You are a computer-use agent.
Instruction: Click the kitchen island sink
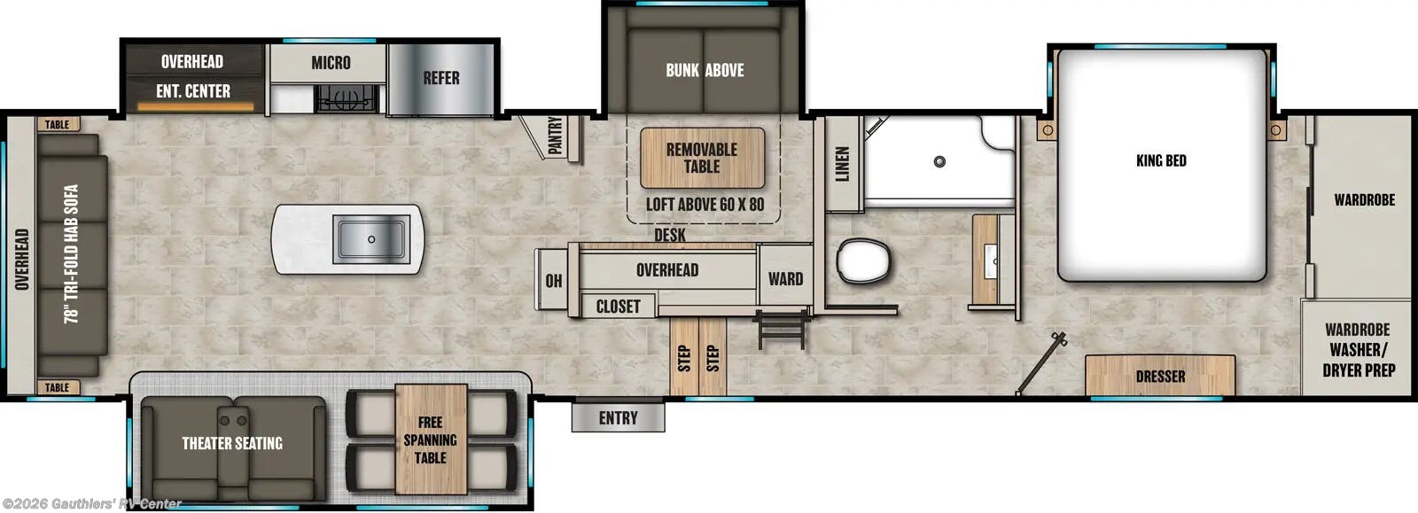point(370,238)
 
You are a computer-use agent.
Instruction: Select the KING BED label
point(1161,160)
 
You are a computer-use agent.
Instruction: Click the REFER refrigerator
point(440,78)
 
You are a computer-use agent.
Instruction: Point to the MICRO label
point(331,63)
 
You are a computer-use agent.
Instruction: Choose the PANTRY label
point(556,136)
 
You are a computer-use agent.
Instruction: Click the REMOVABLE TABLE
point(702,158)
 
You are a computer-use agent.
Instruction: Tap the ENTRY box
point(618,417)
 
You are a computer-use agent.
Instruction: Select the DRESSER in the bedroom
point(1160,377)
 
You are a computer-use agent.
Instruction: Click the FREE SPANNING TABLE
point(431,439)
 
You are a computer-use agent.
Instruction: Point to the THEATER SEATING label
point(232,443)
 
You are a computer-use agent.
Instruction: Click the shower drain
point(939,161)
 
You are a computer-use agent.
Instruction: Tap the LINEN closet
point(843,165)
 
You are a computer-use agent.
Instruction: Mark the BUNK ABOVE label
point(705,70)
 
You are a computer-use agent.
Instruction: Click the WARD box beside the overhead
point(785,279)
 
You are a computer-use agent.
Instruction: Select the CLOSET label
point(618,307)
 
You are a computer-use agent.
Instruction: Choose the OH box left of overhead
point(553,281)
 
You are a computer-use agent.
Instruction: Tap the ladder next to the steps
point(781,330)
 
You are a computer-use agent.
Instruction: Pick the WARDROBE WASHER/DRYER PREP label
point(1358,349)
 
